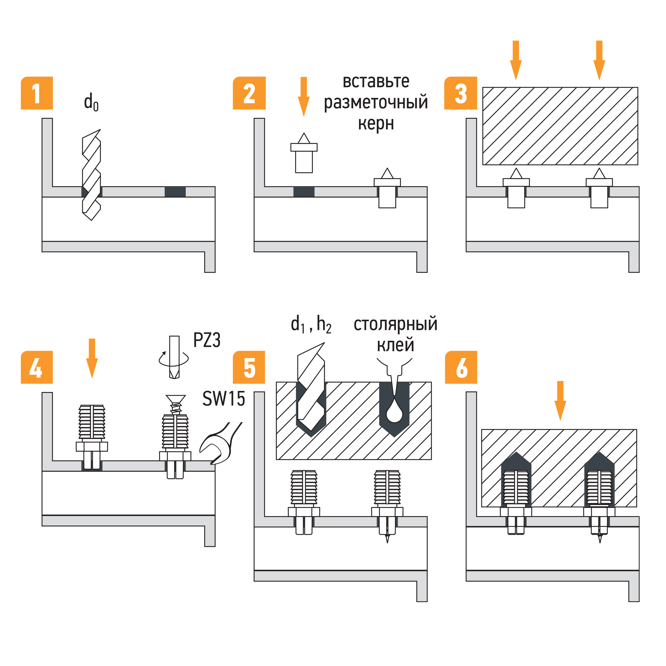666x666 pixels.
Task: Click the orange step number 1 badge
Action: coord(37,93)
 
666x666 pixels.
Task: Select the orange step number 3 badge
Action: coord(461,93)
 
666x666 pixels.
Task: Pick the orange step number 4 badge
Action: coord(37,367)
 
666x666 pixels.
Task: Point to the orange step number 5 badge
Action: coord(249,367)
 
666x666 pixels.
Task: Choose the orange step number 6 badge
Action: coord(461,367)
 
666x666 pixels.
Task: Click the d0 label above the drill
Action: coord(91,102)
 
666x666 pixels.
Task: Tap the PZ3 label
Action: coord(207,340)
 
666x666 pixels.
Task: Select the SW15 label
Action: coord(223,399)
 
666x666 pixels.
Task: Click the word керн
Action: coord(376,123)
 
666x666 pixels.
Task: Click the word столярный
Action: coord(395,324)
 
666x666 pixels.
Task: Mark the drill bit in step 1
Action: coord(91,175)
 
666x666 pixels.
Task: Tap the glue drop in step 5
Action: coord(394,412)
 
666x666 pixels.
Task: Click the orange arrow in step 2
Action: coord(304,97)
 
